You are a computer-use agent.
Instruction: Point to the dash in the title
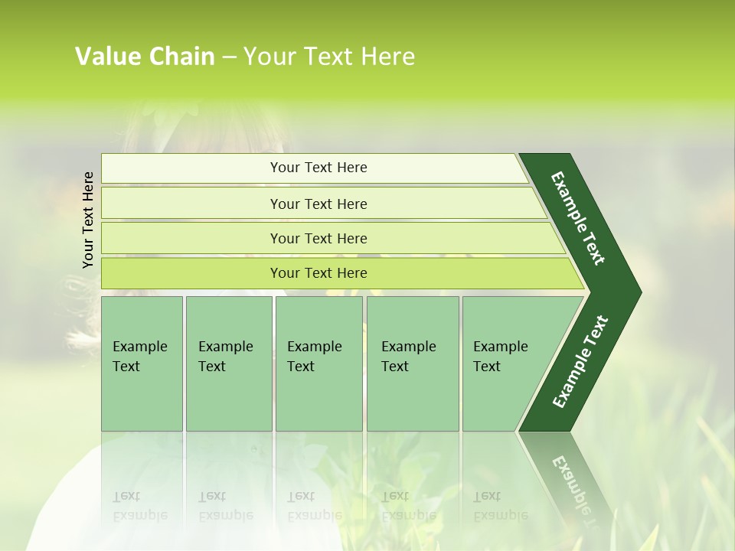coord(229,57)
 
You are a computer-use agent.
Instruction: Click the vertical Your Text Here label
coord(88,220)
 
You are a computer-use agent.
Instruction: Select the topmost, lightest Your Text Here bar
coord(318,168)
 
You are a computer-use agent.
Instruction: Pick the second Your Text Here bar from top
coord(318,204)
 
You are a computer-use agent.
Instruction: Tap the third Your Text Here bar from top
coord(318,238)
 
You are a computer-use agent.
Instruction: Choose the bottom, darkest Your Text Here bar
coord(318,273)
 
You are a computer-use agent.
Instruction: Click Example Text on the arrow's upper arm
coord(578,218)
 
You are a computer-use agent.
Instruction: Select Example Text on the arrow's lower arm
coord(580,362)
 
